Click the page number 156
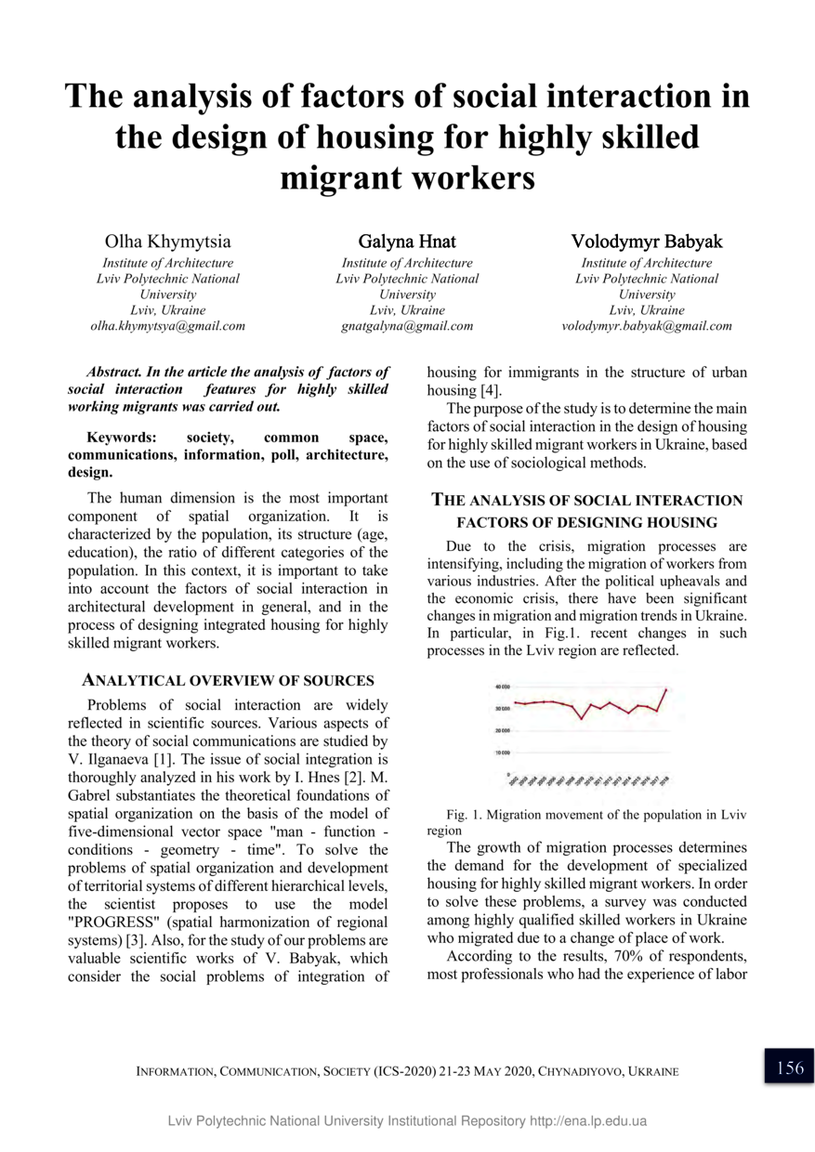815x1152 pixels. [789, 1067]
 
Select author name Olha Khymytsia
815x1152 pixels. [168, 242]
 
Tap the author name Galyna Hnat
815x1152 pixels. [407, 242]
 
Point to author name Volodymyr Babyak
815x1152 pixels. [647, 242]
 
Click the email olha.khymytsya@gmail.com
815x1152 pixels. [168, 326]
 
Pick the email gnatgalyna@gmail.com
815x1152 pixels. [407, 326]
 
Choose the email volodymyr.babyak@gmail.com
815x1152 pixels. [647, 326]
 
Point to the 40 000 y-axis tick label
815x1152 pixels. [502, 687]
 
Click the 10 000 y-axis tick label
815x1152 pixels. [502, 752]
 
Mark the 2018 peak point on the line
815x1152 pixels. [666, 688]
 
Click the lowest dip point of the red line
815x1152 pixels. [582, 718]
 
